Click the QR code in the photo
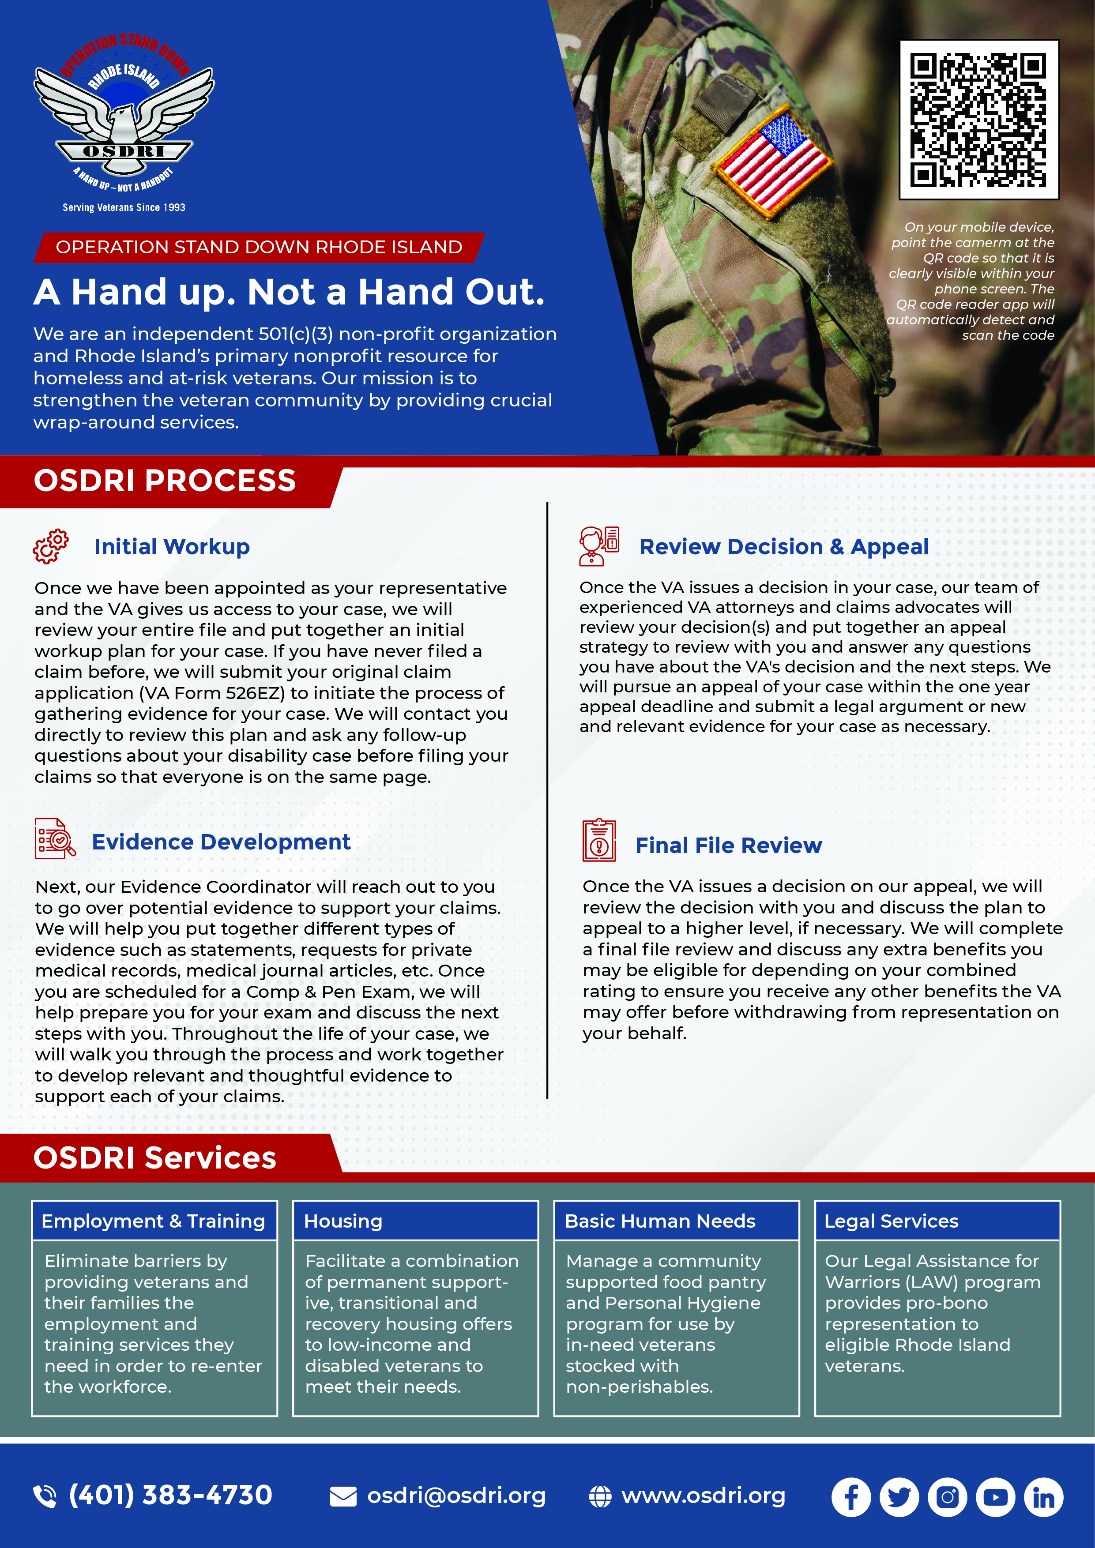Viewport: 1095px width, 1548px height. click(978, 120)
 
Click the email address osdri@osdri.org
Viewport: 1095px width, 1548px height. click(456, 1495)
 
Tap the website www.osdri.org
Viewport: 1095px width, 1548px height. click(703, 1495)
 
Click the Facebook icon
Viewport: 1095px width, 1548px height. click(851, 1497)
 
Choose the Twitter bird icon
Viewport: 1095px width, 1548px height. click(899, 1497)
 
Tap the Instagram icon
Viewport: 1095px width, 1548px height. click(947, 1497)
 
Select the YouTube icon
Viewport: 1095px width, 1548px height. click(995, 1497)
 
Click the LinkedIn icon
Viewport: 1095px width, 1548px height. click(1043, 1497)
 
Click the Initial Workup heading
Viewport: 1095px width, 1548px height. click(172, 546)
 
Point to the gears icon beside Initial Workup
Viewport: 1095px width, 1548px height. click(51, 546)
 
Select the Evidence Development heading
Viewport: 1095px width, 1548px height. click(221, 842)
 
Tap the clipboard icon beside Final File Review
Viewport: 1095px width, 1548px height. click(599, 840)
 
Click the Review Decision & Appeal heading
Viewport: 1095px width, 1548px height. click(783, 547)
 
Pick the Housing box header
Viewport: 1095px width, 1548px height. click(415, 1221)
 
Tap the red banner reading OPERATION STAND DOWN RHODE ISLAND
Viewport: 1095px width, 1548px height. click(259, 248)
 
